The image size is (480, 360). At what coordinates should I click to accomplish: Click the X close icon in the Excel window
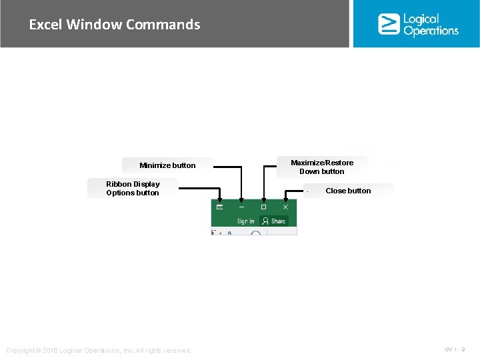click(x=285, y=207)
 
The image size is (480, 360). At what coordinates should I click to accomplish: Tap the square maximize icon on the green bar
click(x=263, y=207)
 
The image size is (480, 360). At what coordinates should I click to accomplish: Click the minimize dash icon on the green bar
click(x=241, y=207)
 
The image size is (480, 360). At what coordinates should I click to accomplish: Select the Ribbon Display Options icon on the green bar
click(x=219, y=207)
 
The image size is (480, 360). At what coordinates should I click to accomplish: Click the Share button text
click(x=278, y=221)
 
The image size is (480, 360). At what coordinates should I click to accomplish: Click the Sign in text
click(x=245, y=221)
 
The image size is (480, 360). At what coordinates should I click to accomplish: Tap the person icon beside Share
click(x=265, y=221)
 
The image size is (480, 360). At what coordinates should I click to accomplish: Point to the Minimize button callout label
click(x=167, y=165)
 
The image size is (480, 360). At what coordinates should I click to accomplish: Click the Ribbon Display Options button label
click(x=133, y=189)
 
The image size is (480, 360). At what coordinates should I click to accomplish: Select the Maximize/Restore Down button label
click(x=322, y=167)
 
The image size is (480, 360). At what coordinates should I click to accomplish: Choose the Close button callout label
click(x=348, y=191)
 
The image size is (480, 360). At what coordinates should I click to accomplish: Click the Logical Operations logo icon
click(x=389, y=24)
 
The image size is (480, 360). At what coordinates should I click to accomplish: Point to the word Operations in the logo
click(x=431, y=31)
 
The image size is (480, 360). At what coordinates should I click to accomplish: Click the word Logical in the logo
click(x=421, y=19)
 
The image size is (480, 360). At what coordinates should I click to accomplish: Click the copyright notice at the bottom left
click(x=98, y=351)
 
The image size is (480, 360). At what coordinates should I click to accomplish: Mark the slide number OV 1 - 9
click(x=455, y=349)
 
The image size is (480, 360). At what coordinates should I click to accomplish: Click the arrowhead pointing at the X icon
click(x=285, y=198)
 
